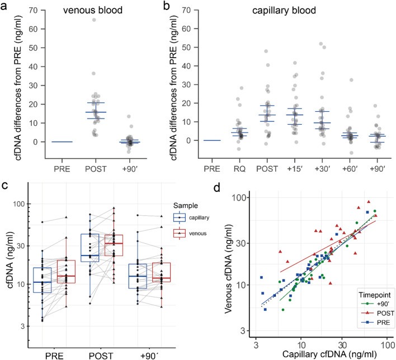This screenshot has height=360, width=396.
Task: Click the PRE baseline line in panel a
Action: point(54,142)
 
